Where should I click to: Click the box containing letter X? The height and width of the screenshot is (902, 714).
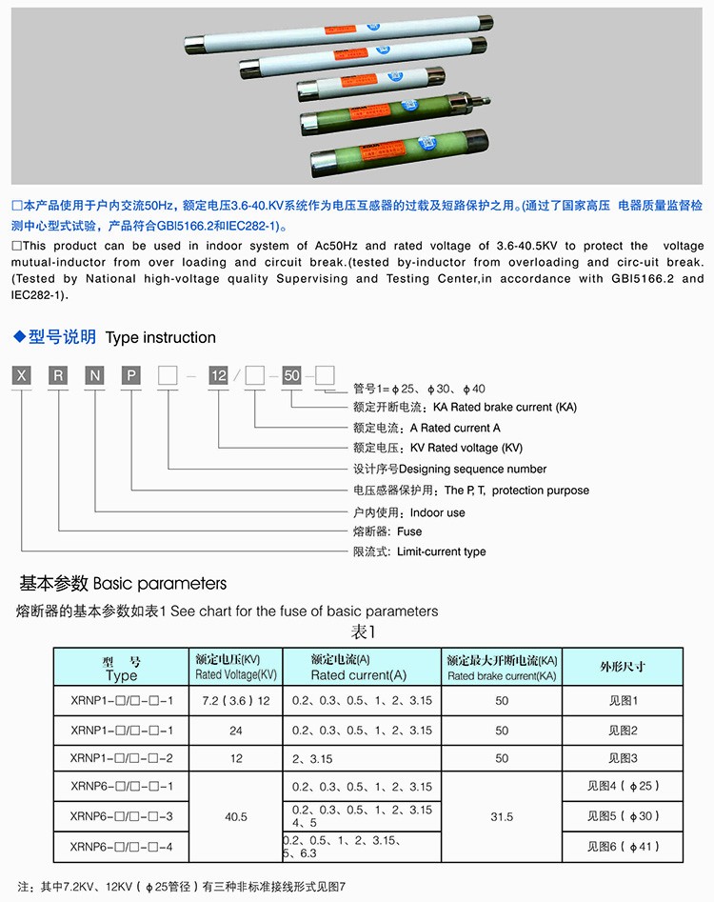(21, 375)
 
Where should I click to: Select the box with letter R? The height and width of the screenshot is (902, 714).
(58, 375)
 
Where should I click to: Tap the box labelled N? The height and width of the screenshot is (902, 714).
(94, 375)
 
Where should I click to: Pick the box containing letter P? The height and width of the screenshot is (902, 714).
(130, 375)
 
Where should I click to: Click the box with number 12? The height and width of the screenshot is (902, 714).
(219, 375)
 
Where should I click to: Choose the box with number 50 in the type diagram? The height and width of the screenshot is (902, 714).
(291, 375)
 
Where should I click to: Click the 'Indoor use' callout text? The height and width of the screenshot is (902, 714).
(437, 512)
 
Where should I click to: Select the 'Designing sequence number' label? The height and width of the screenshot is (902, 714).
(473, 469)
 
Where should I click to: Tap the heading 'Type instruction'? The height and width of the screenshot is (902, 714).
(160, 337)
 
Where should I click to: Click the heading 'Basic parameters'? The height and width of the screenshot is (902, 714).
(159, 583)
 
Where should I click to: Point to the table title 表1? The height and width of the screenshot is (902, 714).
(365, 631)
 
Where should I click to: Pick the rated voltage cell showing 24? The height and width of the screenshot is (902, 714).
(236, 731)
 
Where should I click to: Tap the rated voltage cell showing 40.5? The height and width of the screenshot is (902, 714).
(236, 817)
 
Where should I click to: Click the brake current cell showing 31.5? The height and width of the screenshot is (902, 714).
(502, 817)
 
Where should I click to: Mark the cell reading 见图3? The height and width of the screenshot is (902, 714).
(623, 758)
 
